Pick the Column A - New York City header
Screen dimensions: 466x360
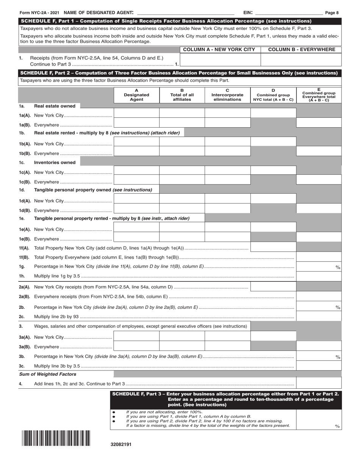(219, 50)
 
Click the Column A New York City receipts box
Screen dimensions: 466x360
(220, 60)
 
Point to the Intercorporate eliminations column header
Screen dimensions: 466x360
(227, 95)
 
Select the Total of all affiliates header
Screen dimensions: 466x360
(182, 95)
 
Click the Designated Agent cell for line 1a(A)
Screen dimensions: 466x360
(136, 113)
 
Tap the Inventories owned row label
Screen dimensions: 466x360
(55, 163)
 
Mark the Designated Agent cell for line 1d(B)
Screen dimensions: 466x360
(136, 208)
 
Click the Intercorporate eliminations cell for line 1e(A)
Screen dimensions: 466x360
(227, 227)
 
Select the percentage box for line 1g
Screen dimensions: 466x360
(318, 267)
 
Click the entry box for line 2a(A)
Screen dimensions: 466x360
(273, 286)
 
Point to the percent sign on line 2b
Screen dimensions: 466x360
(338, 307)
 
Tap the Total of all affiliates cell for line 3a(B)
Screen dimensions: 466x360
(182, 346)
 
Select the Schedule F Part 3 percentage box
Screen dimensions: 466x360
(318, 420)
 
